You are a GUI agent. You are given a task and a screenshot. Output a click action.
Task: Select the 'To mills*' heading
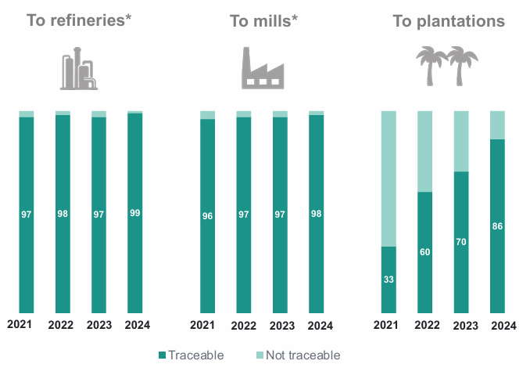tap(263, 21)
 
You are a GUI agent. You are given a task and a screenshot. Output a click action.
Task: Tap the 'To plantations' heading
tap(449, 21)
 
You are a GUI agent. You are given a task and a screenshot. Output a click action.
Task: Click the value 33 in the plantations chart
tap(388, 279)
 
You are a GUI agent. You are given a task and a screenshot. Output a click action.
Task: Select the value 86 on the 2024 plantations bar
tap(497, 226)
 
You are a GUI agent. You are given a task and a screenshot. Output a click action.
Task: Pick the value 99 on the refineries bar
tap(135, 212)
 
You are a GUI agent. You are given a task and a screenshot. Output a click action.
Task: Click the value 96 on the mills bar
tap(207, 215)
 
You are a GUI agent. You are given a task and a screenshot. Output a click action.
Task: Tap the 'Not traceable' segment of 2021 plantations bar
tap(388, 179)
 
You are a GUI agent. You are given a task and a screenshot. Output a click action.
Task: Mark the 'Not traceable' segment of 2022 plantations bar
tap(424, 151)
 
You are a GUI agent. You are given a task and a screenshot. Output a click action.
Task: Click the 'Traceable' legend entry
tap(191, 355)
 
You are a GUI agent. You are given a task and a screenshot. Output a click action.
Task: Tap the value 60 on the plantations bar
tap(424, 251)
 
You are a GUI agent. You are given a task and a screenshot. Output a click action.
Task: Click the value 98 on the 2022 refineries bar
tap(63, 214)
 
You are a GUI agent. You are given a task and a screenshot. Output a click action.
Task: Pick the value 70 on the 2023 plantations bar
tap(461, 242)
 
